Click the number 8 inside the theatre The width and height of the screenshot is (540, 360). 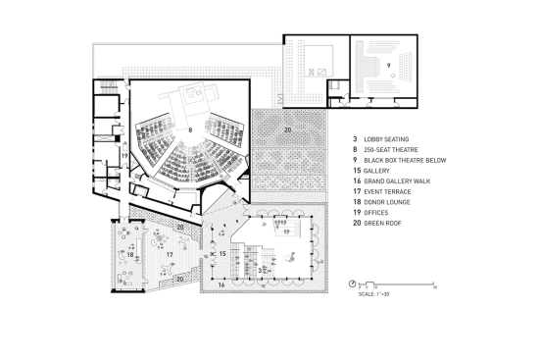(x=189, y=128)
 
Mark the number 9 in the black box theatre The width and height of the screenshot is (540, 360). (x=387, y=65)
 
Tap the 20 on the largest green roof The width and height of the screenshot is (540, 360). (x=287, y=129)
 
